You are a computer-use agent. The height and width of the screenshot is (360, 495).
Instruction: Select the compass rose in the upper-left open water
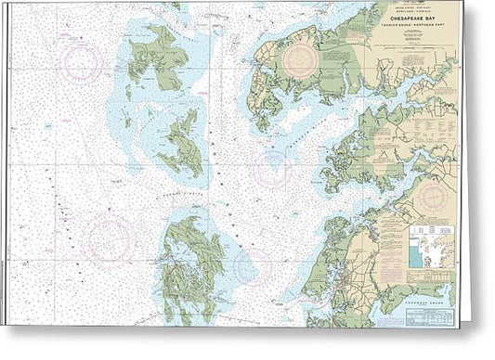(81, 61)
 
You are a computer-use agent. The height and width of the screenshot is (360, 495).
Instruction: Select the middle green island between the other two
(181, 144)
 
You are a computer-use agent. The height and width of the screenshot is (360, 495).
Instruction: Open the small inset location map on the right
(432, 245)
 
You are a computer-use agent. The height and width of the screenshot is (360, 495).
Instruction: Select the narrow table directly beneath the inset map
(432, 274)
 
